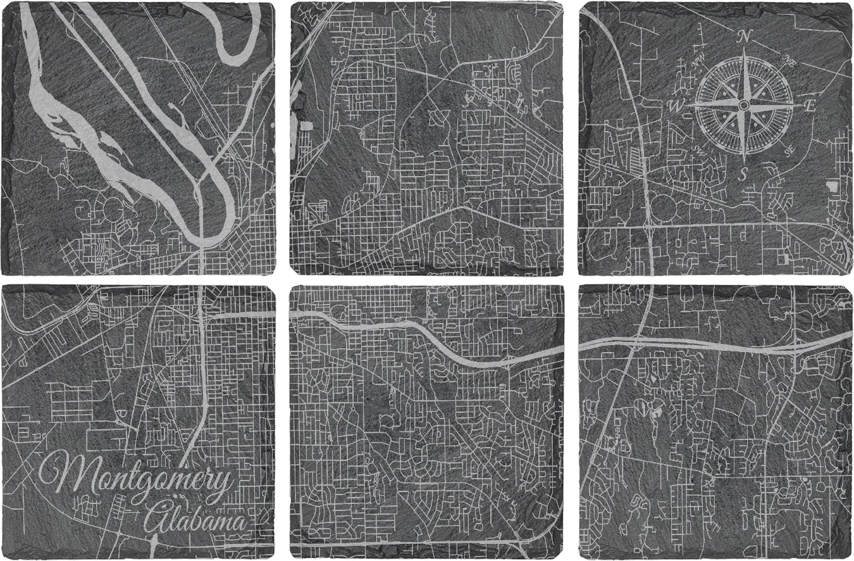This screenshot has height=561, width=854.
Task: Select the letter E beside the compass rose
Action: [810, 106]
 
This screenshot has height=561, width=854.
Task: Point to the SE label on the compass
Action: [788, 150]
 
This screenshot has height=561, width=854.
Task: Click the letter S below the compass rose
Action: [744, 172]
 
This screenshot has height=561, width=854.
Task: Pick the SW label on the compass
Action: [700, 150]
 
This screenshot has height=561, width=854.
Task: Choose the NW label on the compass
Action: [700, 61]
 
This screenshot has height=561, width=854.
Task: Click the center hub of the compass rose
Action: [745, 104]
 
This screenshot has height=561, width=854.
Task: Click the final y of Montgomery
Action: [221, 484]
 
